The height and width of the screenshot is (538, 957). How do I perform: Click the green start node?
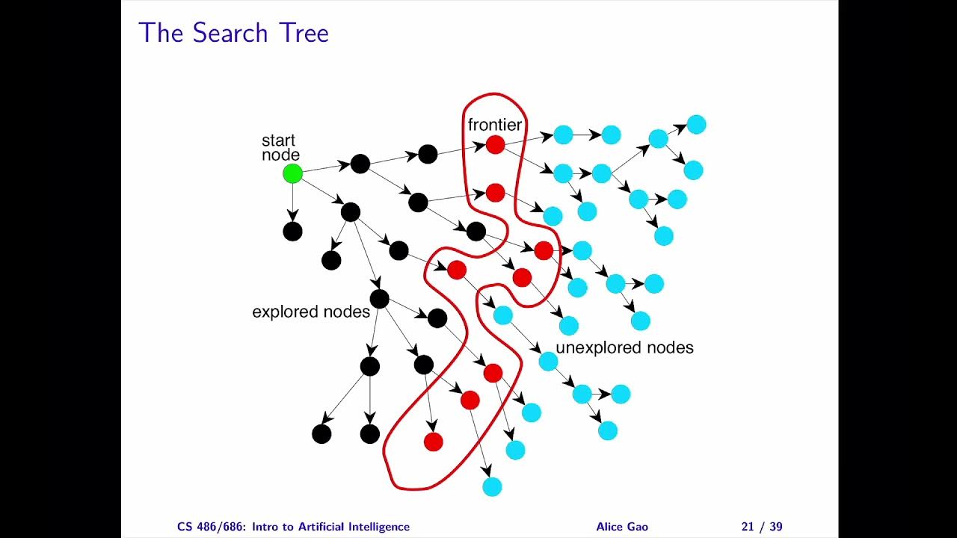pos(292,174)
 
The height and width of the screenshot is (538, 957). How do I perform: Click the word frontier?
pos(494,125)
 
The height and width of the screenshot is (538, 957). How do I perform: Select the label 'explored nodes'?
pos(311,312)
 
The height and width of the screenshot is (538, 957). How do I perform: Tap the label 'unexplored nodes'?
pos(624,348)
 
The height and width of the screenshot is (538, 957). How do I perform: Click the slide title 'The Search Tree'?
pos(233,34)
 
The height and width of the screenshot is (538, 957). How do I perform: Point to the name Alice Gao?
pos(622,527)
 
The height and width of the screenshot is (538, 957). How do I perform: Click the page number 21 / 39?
pos(761,527)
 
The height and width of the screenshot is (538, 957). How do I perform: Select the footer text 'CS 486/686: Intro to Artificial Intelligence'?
pos(294,527)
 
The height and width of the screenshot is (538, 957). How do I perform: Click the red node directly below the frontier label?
pos(495,145)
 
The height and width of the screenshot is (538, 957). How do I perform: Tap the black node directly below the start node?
pos(292,232)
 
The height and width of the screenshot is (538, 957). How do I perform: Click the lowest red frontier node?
pos(434,442)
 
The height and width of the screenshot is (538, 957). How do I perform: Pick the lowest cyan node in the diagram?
pos(492,486)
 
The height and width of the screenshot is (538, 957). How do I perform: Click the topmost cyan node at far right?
pos(696,124)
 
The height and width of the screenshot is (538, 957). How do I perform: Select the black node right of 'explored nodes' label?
pos(380,299)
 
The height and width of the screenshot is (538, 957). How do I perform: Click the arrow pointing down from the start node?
pos(292,203)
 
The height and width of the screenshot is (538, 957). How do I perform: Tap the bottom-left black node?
pos(321,433)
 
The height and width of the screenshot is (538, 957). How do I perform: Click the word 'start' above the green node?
pos(278,140)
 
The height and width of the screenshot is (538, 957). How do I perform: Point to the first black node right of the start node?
pos(360,164)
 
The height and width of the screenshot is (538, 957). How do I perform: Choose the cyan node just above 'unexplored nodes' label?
pos(569,326)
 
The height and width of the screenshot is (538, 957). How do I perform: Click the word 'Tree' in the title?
pos(303,34)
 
